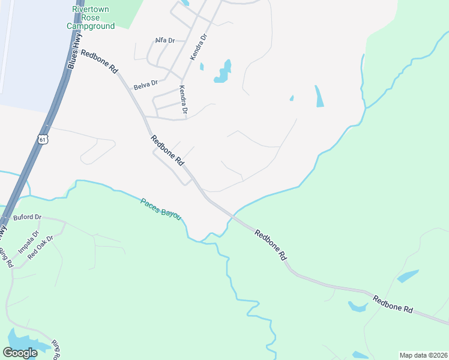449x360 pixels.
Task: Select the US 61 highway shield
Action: [x=41, y=139]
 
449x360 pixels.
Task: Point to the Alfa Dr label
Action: [x=164, y=40]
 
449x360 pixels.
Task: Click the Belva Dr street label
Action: [x=146, y=85]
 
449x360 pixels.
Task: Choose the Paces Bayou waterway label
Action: [x=160, y=209]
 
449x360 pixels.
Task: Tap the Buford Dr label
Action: [x=27, y=217]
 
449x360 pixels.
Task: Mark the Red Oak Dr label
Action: [x=41, y=245]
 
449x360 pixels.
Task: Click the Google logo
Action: [x=20, y=353]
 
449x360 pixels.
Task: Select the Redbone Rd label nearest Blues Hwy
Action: [x=100, y=61]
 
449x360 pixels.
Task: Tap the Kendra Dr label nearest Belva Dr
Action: [x=183, y=100]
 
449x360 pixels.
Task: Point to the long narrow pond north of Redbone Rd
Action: [x=319, y=96]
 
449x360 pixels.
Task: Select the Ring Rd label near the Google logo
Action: [x=55, y=349]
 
